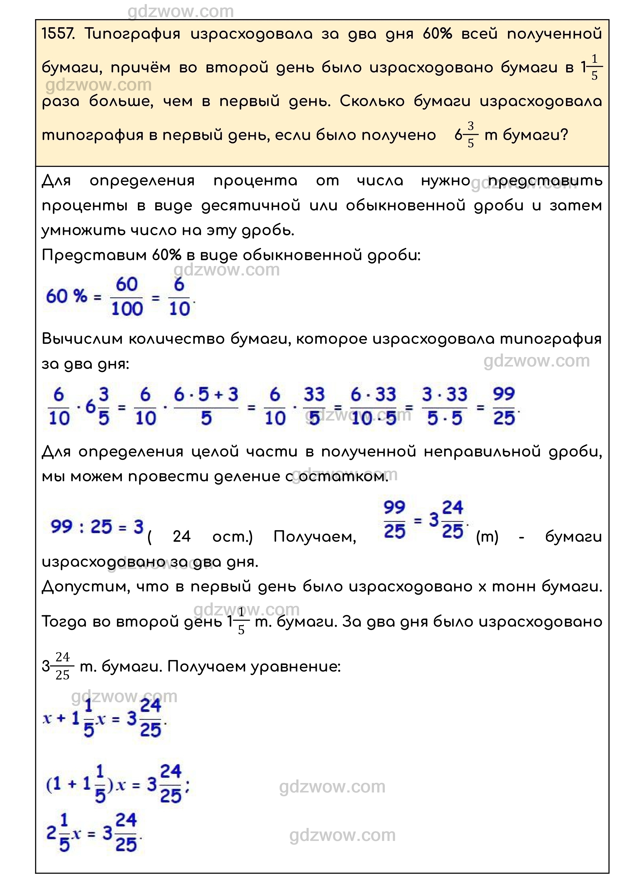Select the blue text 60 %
click(x=66, y=297)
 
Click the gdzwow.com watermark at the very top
click(x=181, y=12)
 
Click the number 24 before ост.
click(x=181, y=537)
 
